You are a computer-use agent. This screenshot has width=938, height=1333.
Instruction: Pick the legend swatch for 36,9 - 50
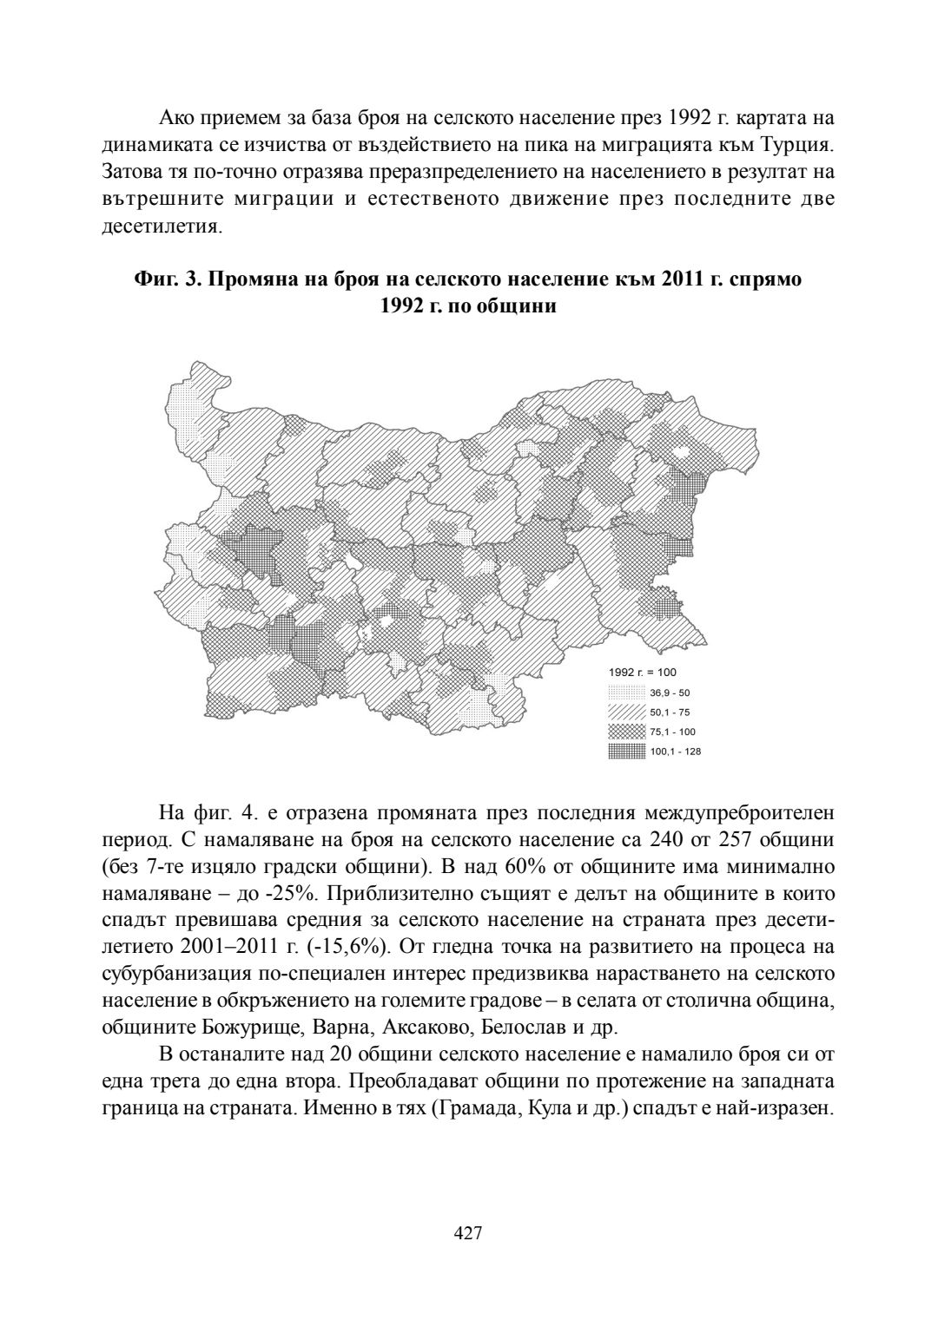(x=626, y=693)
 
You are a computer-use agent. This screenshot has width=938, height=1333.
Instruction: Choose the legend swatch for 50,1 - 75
(x=626, y=712)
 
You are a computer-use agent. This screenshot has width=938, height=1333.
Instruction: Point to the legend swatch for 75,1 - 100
(x=626, y=732)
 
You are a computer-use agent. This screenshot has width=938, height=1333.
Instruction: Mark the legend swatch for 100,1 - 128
(x=626, y=752)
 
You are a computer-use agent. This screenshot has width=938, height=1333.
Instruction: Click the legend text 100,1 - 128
(x=675, y=752)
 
